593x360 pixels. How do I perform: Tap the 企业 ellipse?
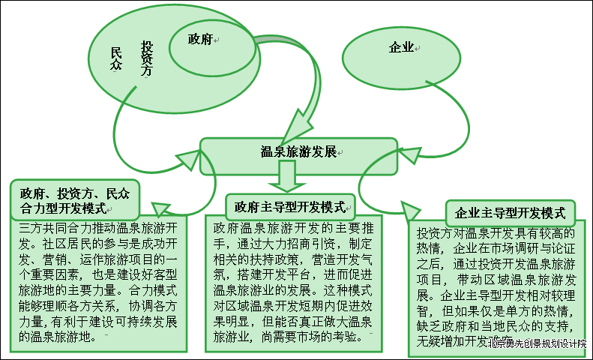click(x=402, y=48)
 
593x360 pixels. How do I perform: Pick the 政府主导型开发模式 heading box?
click(x=289, y=205)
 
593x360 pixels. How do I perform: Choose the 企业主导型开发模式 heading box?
click(x=510, y=212)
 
